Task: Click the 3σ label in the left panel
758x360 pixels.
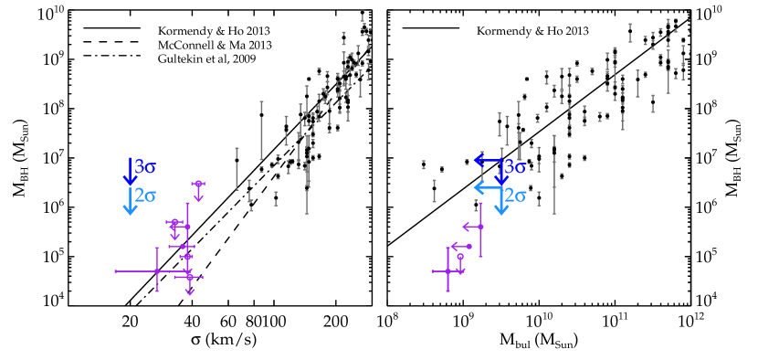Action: (x=145, y=167)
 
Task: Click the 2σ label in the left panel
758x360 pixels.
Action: (x=145, y=196)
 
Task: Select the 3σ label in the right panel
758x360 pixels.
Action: (x=515, y=167)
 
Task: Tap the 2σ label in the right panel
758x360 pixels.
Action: (x=515, y=196)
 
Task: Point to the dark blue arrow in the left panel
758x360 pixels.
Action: (x=130, y=171)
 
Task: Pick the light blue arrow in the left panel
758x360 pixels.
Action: (x=130, y=201)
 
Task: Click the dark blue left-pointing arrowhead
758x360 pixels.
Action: (x=479, y=161)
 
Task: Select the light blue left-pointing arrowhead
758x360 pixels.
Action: (x=479, y=188)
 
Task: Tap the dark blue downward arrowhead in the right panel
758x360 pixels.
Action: (x=501, y=179)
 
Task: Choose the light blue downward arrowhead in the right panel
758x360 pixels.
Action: (x=501, y=209)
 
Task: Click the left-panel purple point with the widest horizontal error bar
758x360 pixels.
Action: (x=157, y=271)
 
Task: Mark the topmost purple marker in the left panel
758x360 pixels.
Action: (x=198, y=184)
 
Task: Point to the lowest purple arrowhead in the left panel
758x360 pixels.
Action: (x=190, y=291)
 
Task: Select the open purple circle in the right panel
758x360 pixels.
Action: (x=460, y=257)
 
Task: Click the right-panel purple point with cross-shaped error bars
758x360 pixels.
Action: (x=447, y=271)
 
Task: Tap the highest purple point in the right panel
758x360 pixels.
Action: (x=480, y=227)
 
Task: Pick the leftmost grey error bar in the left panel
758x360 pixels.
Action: (x=237, y=169)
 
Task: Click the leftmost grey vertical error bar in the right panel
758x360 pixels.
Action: (x=434, y=191)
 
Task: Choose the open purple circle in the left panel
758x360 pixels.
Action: (x=174, y=222)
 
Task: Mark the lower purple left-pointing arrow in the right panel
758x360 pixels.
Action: (x=456, y=246)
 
